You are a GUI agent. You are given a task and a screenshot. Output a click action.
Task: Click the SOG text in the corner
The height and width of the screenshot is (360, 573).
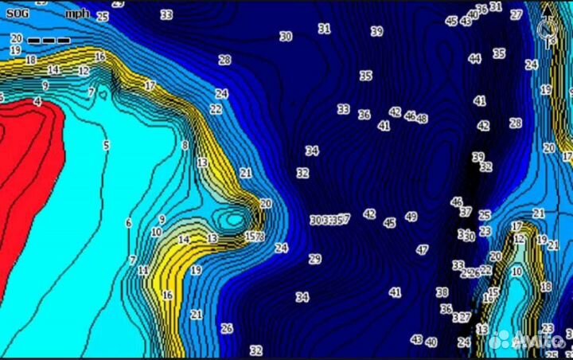coord(15,14)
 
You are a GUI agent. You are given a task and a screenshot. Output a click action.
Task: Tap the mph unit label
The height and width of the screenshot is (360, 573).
coord(77,14)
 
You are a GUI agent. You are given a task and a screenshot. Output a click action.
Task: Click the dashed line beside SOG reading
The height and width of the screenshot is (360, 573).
coord(49,39)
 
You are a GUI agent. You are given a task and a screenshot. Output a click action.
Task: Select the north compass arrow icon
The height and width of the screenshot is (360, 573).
coord(546,30)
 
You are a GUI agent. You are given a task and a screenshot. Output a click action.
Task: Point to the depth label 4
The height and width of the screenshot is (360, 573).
coord(37,102)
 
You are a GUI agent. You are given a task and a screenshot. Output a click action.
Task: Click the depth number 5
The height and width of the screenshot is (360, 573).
coord(106,145)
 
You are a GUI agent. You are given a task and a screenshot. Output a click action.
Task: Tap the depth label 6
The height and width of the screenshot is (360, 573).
coord(128,223)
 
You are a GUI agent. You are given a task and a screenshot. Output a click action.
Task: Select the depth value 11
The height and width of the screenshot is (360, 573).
coord(142,271)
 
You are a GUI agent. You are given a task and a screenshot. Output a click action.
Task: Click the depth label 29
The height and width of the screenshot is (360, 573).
coord(314,259)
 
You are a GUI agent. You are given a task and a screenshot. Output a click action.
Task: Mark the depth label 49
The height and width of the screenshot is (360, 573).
coord(411,217)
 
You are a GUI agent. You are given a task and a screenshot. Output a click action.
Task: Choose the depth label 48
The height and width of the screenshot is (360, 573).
coord(421,119)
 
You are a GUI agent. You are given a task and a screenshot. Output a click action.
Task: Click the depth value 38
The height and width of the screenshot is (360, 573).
coord(442,292)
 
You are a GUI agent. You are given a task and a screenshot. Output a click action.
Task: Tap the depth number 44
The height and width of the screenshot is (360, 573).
coord(474,58)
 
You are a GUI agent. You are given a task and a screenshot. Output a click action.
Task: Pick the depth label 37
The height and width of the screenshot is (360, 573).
coord(465,213)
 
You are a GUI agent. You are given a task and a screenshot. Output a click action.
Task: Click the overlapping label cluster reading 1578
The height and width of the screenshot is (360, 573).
coord(254,237)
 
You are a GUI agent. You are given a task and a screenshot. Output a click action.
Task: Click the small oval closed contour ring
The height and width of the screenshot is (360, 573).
coord(234,218)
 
